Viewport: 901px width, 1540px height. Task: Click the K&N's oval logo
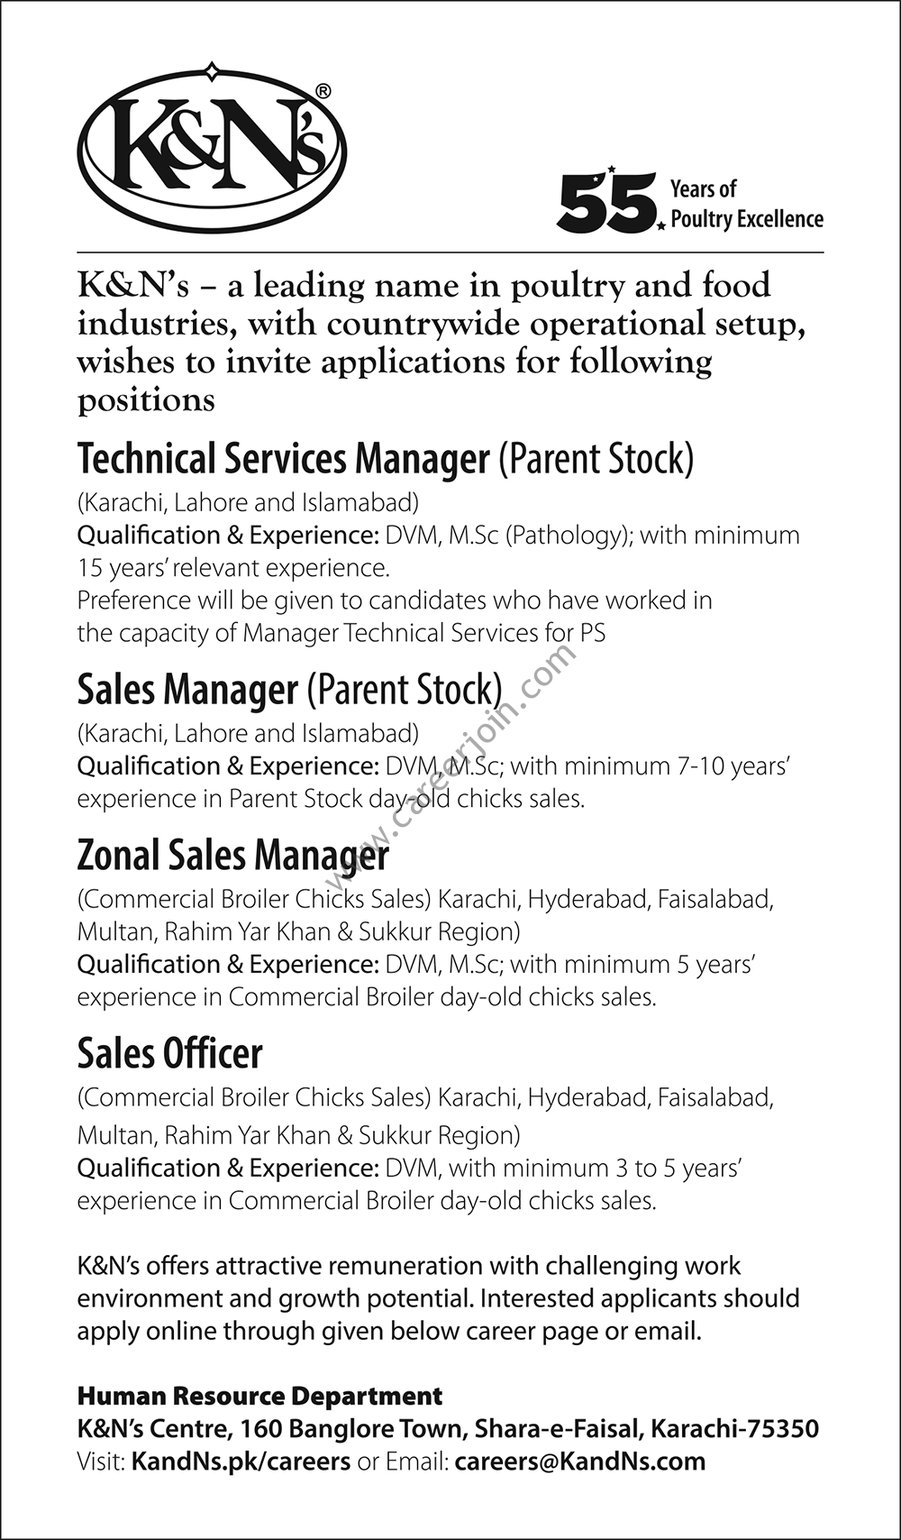click(x=212, y=149)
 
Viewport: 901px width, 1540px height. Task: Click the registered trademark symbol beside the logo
click(x=323, y=91)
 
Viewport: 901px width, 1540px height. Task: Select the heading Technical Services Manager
click(x=283, y=459)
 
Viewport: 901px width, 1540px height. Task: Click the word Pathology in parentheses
click(x=566, y=536)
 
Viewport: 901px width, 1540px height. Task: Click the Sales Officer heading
click(x=169, y=1053)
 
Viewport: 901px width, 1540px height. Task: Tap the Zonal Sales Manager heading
click(x=232, y=855)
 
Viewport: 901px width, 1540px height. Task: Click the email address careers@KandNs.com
click(x=580, y=1462)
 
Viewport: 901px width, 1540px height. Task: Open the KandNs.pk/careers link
click(x=241, y=1462)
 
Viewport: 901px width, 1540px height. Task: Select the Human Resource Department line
click(x=259, y=1397)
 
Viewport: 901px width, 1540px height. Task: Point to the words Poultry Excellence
click(x=747, y=219)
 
